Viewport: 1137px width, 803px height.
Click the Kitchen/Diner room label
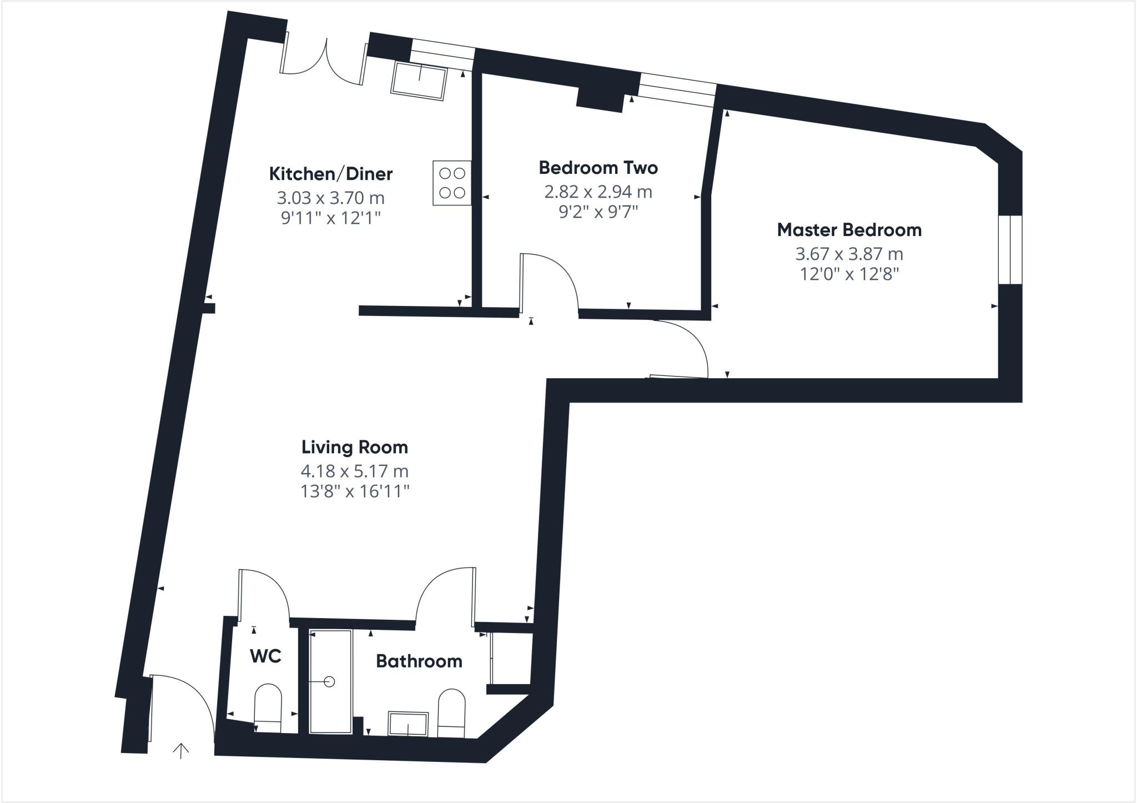point(331,174)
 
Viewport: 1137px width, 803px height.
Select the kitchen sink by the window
point(419,81)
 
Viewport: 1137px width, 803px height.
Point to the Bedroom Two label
point(598,167)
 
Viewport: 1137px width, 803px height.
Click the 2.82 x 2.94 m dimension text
point(598,192)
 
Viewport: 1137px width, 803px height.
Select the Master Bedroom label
point(849,229)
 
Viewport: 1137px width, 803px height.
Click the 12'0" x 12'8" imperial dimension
point(849,274)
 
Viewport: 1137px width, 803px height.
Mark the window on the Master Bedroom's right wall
point(1009,250)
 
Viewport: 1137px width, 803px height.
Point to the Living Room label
point(355,446)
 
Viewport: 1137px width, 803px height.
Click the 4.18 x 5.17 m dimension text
point(355,471)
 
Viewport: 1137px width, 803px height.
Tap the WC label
point(265,656)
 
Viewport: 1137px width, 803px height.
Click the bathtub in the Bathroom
point(330,681)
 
